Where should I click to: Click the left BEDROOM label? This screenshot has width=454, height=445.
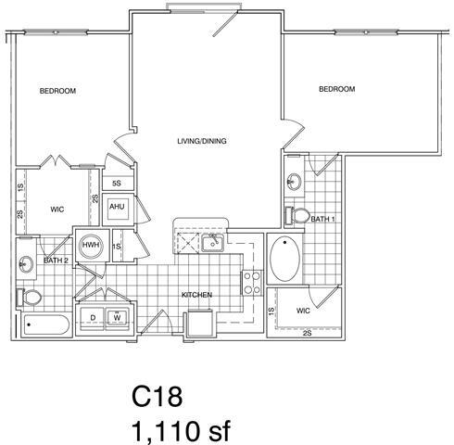pyautogui.click(x=57, y=91)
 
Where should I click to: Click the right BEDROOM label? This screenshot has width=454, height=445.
pyautogui.click(x=336, y=89)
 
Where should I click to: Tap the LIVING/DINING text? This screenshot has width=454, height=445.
pyautogui.click(x=202, y=142)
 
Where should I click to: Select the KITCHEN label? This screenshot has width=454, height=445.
pyautogui.click(x=196, y=295)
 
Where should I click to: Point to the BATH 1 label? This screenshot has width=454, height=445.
pyautogui.click(x=322, y=219)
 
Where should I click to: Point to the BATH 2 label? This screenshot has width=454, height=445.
pyautogui.click(x=57, y=261)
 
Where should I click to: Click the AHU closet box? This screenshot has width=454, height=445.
pyautogui.click(x=117, y=207)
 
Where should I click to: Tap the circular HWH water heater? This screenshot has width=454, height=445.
pyautogui.click(x=91, y=246)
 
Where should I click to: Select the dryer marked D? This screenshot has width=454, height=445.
pyautogui.click(x=93, y=317)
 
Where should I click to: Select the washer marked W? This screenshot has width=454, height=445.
pyautogui.click(x=118, y=317)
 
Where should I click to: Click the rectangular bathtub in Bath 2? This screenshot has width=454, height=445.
pyautogui.click(x=45, y=325)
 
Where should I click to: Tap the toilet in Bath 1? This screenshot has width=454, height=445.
pyautogui.click(x=299, y=215)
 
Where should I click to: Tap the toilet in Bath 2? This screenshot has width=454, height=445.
pyautogui.click(x=30, y=297)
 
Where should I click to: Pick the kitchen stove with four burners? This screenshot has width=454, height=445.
pyautogui.click(x=250, y=279)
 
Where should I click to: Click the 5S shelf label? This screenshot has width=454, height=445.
pyautogui.click(x=117, y=184)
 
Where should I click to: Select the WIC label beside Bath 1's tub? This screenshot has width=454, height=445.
pyautogui.click(x=303, y=311)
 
